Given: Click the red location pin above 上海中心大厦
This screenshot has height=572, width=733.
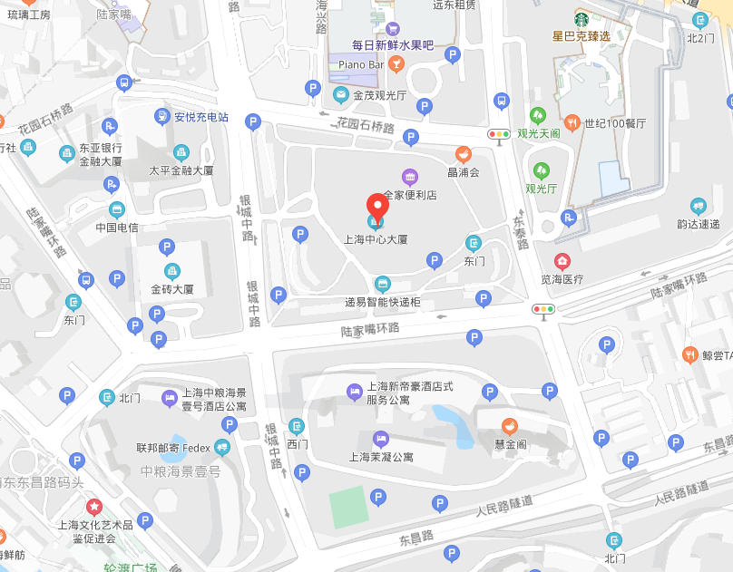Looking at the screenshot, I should click(x=376, y=207).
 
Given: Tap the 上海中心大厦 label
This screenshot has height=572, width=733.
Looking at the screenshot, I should click(x=375, y=240).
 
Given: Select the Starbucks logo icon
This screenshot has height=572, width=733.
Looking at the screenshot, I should click(x=582, y=18).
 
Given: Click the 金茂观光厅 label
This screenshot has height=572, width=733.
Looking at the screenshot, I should click(x=380, y=94).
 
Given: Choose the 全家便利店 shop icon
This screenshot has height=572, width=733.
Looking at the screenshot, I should click(x=410, y=176).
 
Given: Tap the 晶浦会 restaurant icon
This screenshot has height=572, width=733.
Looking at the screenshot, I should click(x=463, y=154).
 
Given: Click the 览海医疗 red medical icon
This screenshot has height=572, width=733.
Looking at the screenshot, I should click(x=562, y=261).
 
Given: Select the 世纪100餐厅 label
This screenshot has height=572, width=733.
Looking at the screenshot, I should click(x=615, y=122).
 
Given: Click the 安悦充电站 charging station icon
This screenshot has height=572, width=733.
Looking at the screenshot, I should click(x=161, y=116).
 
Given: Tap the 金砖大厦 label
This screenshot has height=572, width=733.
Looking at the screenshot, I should click(x=172, y=289).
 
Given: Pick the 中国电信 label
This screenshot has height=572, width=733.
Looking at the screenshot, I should click(x=117, y=228).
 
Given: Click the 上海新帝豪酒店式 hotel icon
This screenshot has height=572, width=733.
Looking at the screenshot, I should click(x=355, y=392).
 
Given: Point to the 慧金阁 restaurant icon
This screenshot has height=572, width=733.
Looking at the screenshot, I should click(x=510, y=424).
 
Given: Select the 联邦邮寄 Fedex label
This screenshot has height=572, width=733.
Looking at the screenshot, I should click(x=173, y=448).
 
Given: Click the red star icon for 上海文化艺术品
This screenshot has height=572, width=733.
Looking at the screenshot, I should click(x=93, y=506).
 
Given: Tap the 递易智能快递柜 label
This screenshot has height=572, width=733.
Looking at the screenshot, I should click(x=382, y=302).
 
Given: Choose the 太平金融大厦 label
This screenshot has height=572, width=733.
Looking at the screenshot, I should click(x=181, y=170).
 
